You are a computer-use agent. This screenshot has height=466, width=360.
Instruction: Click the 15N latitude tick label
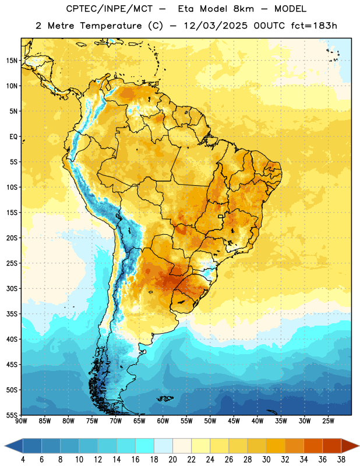point(12,61)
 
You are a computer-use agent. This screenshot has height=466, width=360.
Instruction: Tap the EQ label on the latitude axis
point(13,137)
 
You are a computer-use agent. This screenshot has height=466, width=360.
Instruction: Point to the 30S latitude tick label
point(12,288)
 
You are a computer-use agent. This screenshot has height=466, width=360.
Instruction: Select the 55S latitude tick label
point(12,415)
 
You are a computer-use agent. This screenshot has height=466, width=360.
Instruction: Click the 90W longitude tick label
point(21,421)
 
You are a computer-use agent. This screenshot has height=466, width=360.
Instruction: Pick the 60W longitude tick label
point(163,421)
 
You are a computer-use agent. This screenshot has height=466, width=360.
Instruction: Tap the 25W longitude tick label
point(328,421)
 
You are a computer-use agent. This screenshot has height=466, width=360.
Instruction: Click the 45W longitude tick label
point(234,421)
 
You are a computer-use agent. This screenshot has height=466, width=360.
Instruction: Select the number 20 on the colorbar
point(172,460)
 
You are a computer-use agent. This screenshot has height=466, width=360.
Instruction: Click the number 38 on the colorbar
point(341,460)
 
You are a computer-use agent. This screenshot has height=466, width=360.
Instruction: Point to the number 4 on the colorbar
point(23,460)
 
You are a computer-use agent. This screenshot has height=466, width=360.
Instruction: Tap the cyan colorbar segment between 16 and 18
point(144,446)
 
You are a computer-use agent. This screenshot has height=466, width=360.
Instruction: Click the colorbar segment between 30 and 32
point(276,446)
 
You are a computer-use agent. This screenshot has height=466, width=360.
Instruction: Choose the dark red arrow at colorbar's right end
point(350,446)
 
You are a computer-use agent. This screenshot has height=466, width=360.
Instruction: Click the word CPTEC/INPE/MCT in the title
point(109,9)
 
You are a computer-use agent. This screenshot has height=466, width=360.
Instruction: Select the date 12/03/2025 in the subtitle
point(215,26)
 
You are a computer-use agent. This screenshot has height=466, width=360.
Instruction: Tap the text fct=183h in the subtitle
point(314,26)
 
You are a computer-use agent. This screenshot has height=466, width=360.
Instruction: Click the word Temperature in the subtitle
point(111,26)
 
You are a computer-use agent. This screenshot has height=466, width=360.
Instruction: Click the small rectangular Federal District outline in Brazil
point(221,216)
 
